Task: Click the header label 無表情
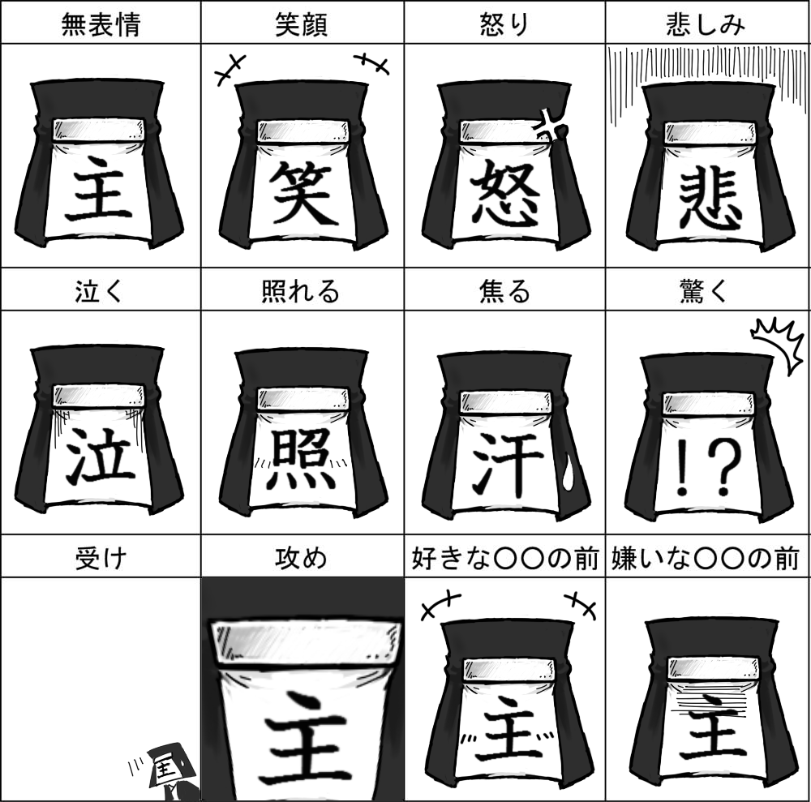[101, 24]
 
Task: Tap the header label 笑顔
[302, 24]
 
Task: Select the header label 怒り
[504, 24]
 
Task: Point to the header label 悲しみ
[706, 24]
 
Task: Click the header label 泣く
[99, 291]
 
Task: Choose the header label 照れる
[301, 291]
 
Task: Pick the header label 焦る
[504, 291]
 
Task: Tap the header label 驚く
[705, 291]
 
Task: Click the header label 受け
[101, 559]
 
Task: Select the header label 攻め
[301, 559]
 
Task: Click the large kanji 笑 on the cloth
[303, 193]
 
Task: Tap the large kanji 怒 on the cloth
[505, 194]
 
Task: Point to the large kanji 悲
[709, 200]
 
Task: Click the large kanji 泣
[101, 455]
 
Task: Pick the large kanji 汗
[508, 463]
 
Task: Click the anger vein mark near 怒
[553, 127]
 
